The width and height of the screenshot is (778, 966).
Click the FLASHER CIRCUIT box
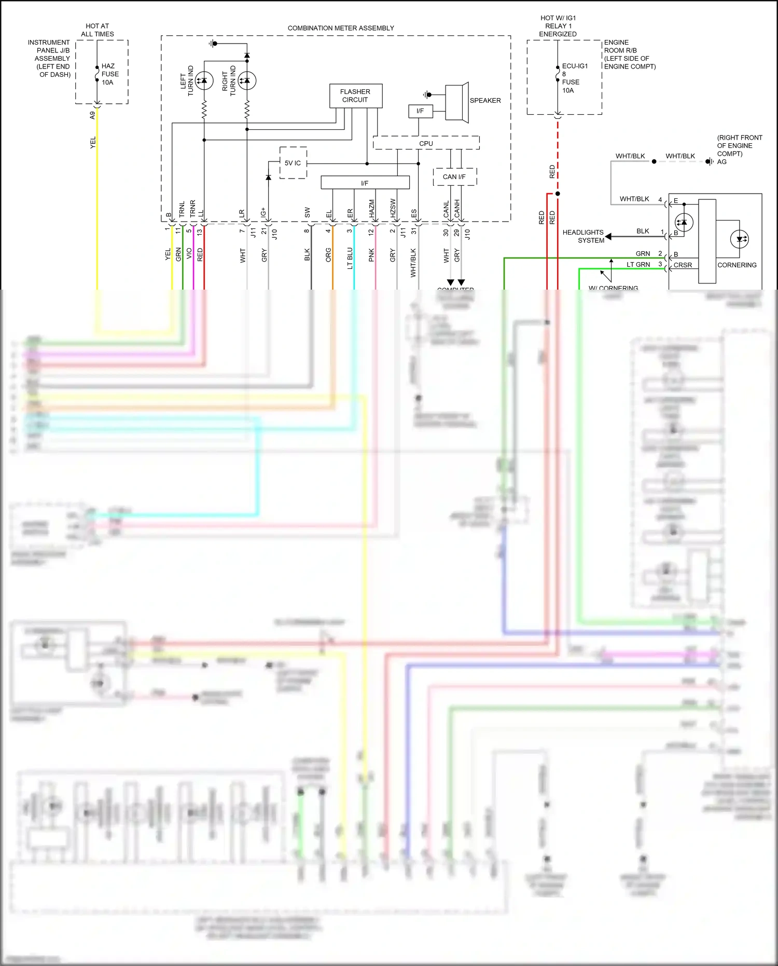pyautogui.click(x=355, y=96)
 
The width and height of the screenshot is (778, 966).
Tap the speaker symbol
pyautogui.click(x=456, y=102)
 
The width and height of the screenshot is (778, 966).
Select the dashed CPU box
pyautogui.click(x=426, y=143)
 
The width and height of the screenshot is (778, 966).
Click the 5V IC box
pyautogui.click(x=293, y=163)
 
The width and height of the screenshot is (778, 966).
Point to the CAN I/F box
pyautogui.click(x=454, y=177)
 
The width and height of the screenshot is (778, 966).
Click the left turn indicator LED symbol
pyautogui.click(x=204, y=80)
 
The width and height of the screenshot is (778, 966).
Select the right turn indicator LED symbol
pyautogui.click(x=247, y=80)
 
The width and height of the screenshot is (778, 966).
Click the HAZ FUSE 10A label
pyautogui.click(x=109, y=74)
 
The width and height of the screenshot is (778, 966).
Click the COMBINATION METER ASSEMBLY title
pyautogui.click(x=341, y=28)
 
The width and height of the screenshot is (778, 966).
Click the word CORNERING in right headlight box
pyautogui.click(x=737, y=265)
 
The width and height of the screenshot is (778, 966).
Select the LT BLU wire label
pyautogui.click(x=350, y=258)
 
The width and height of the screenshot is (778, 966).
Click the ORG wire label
pyautogui.click(x=328, y=255)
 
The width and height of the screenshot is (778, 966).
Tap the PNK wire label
pyautogui.click(x=371, y=255)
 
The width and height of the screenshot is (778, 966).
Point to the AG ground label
pyautogui.click(x=721, y=162)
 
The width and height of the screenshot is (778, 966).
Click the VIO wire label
pyautogui.click(x=189, y=254)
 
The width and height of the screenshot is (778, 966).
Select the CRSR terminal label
pyautogui.click(x=683, y=265)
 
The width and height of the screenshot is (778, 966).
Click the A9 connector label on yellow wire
pyautogui.click(x=93, y=115)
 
